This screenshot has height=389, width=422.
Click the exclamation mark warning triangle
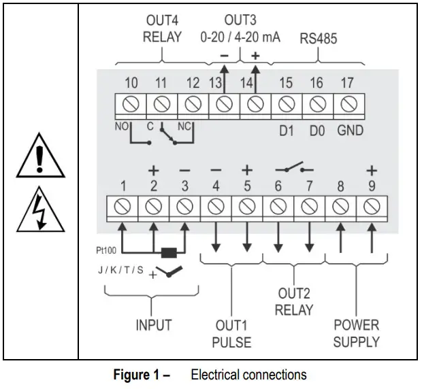(x=40, y=161)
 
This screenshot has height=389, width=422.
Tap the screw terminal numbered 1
(x=122, y=206)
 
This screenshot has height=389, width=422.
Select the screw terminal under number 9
(x=371, y=206)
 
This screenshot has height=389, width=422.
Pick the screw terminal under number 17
(x=348, y=105)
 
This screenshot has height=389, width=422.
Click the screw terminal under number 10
(x=131, y=105)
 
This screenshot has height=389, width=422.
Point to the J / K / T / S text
(x=121, y=270)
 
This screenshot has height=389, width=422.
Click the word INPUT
(x=154, y=324)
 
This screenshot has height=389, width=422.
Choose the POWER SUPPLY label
(x=356, y=333)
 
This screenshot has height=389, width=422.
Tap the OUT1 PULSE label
(x=231, y=333)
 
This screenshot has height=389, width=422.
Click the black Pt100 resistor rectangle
(x=167, y=252)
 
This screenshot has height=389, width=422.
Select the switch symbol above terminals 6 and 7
(x=293, y=167)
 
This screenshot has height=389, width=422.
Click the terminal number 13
(x=216, y=84)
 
